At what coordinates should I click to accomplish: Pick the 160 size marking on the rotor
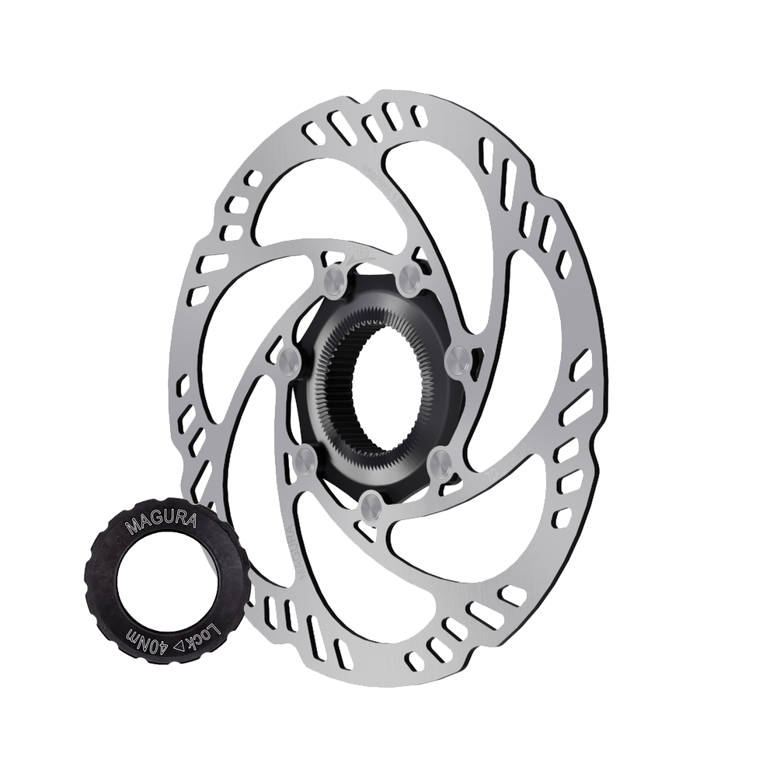click(361, 253)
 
